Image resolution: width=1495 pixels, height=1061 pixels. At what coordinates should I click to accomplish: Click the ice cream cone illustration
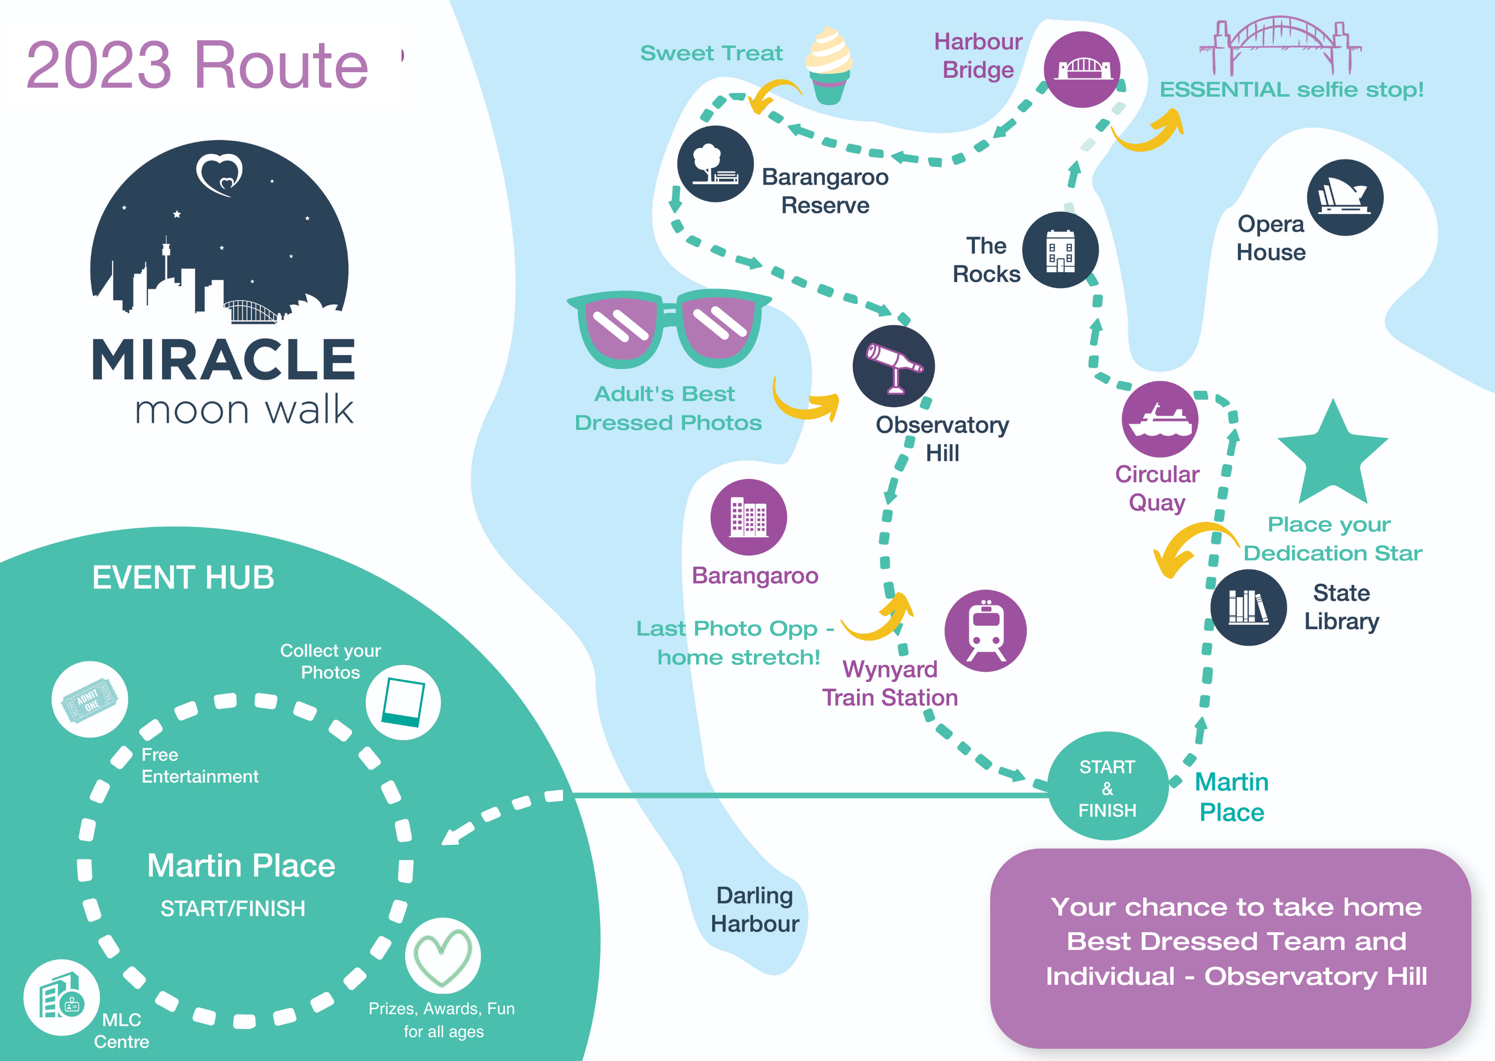click(x=829, y=65)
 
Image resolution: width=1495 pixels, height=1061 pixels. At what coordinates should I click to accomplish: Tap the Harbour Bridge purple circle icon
click(x=1082, y=69)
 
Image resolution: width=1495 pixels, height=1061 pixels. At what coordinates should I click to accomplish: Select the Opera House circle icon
click(x=1345, y=197)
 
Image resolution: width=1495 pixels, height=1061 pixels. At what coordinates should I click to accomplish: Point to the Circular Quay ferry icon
click(x=1160, y=419)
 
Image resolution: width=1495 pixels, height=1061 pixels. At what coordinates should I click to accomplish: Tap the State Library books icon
click(x=1248, y=608)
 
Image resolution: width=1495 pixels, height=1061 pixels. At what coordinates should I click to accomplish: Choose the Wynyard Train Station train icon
click(x=985, y=631)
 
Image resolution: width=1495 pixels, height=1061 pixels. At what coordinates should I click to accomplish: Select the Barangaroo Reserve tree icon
click(x=716, y=164)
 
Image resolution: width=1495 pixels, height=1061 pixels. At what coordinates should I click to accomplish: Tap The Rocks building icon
click(x=1060, y=250)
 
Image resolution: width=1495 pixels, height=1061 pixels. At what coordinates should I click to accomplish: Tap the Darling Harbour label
click(x=754, y=910)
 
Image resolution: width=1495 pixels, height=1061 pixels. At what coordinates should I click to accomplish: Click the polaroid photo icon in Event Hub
click(x=403, y=702)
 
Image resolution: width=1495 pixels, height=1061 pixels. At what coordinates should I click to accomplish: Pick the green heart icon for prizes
click(x=443, y=956)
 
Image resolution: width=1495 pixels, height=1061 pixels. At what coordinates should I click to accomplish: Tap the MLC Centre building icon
click(x=61, y=998)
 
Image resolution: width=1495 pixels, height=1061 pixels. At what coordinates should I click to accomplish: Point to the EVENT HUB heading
click(x=183, y=577)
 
